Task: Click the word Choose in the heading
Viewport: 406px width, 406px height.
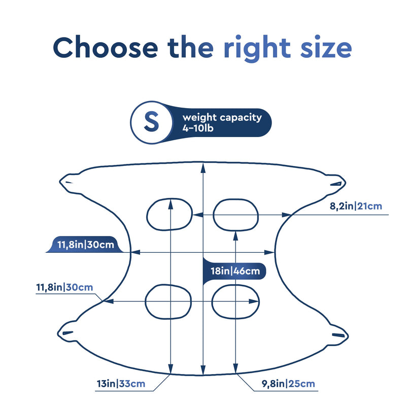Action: [x=106, y=48]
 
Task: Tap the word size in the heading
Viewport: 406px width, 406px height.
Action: [x=326, y=48]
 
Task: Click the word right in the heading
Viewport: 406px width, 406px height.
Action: [x=257, y=49]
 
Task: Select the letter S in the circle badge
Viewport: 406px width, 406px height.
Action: [x=151, y=121]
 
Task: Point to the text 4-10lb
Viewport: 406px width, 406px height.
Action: [x=198, y=128]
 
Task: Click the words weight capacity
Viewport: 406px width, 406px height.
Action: [x=222, y=118]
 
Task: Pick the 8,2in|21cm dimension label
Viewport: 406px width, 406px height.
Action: [x=356, y=206]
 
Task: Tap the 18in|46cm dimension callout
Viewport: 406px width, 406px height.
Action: [x=235, y=271]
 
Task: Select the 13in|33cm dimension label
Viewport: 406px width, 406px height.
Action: [x=121, y=384]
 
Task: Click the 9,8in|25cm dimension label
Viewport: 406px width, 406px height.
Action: [x=288, y=384]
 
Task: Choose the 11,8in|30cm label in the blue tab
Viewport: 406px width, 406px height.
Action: [x=86, y=245]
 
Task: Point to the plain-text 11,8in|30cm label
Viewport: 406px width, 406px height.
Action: [x=64, y=287]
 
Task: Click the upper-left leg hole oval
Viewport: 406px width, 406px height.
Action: [x=147, y=214]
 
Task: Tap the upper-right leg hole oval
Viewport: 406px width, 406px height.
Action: [x=213, y=215]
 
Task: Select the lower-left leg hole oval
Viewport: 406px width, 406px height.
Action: [x=145, y=301]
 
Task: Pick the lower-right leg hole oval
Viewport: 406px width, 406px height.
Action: [x=212, y=302]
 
